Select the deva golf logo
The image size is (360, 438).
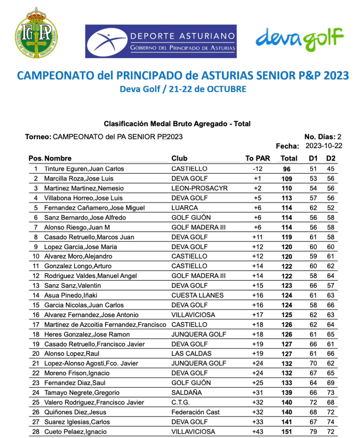click(x=300, y=39)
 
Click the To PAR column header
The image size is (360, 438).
click(x=258, y=158)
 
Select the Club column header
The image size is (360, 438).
click(x=179, y=158)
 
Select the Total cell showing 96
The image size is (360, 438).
click(x=287, y=169)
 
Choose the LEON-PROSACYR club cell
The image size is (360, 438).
click(x=199, y=188)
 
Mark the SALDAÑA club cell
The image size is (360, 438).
click(x=187, y=393)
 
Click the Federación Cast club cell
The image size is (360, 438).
click(x=195, y=412)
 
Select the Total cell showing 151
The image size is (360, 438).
click(x=287, y=432)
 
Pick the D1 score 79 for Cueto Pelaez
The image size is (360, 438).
click(x=313, y=432)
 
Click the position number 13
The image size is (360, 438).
click(x=36, y=286)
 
